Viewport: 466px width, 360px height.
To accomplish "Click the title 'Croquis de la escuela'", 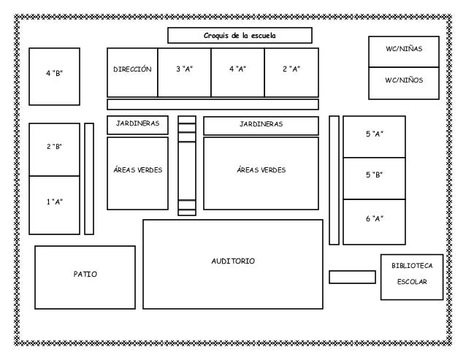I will [240, 36].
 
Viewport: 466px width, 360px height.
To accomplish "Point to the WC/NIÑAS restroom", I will [403, 50].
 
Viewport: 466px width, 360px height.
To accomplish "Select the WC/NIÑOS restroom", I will [403, 82].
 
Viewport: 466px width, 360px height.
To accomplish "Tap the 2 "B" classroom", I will [54, 148].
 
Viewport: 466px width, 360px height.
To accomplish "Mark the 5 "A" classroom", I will [374, 135].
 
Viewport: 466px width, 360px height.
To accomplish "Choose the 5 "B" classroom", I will [374, 176].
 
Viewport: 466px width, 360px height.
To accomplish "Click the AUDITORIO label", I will [233, 261].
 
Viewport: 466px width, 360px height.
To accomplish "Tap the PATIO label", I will [85, 275].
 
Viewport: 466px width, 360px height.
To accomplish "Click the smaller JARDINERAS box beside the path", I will [137, 125].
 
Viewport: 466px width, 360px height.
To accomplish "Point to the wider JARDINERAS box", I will [261, 126].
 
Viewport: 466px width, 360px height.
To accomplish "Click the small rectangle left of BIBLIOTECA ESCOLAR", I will [351, 277].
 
